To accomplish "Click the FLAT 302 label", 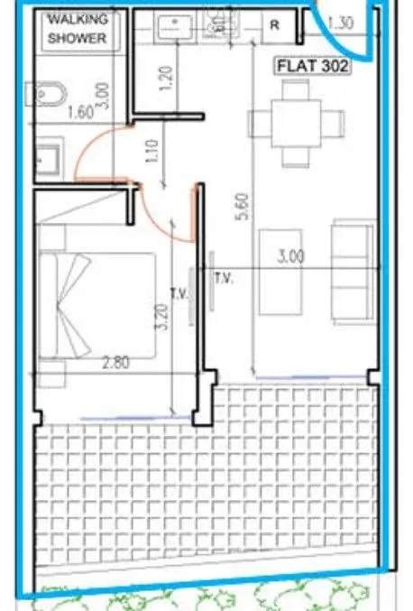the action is pos(313,66).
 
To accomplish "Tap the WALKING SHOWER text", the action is pos(78,29).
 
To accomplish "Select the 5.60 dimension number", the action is pos(243,207).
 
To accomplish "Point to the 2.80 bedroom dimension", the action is pos(115,363).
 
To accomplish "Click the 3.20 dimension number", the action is pos(163,317).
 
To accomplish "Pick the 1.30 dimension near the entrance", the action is pos(341,23).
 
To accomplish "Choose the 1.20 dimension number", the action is pos(166,79).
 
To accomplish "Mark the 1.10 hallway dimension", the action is pos(153,151).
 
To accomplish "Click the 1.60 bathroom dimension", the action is pos(80,113).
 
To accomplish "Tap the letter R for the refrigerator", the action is pos(274,25).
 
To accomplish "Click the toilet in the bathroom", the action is pos(46,94).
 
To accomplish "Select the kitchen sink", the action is pos(175,25).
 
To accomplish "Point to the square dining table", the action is pos(297,124).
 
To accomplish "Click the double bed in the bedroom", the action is pos(96,305).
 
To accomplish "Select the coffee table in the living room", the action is pos(280,272).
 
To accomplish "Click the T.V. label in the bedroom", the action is pos(179,293).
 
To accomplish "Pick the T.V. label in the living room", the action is pos(224,278).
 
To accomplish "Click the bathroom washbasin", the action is pos(49,159).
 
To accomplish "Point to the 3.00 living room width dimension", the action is pos(291,257).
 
